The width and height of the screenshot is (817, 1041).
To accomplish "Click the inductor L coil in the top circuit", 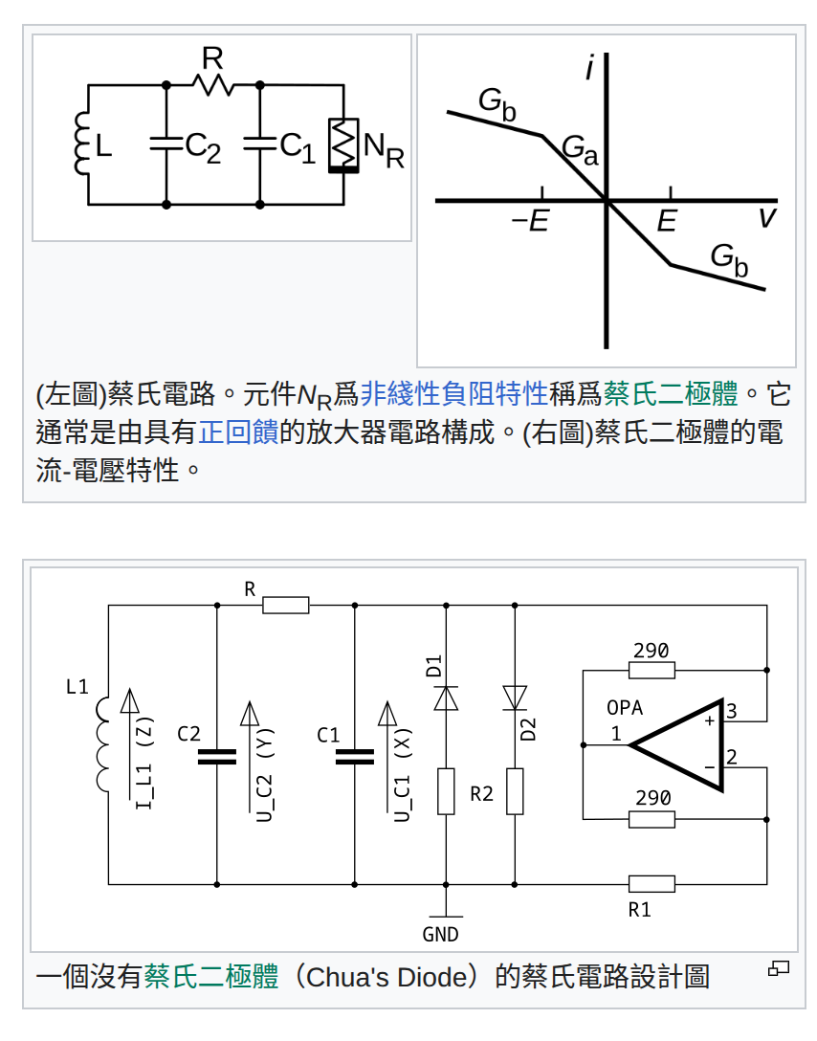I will [81, 144].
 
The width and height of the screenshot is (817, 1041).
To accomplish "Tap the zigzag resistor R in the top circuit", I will [212, 85].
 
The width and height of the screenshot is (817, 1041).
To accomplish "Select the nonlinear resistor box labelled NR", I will [342, 144].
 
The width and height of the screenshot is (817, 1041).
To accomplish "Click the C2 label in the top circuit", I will [203, 146].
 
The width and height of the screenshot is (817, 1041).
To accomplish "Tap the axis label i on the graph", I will [591, 69].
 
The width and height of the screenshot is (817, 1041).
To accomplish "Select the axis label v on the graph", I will [766, 218].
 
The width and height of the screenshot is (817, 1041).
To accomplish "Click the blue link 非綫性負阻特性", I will [454, 393].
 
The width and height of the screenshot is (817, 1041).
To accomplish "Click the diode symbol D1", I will [446, 698].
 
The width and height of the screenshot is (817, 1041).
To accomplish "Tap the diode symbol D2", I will [515, 697].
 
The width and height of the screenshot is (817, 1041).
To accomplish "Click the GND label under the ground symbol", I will [440, 935].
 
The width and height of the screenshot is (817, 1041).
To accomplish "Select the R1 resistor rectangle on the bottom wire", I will [651, 883].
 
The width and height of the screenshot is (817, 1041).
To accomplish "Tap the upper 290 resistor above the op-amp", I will [651, 671].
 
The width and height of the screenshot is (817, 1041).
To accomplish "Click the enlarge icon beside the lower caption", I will [779, 968].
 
